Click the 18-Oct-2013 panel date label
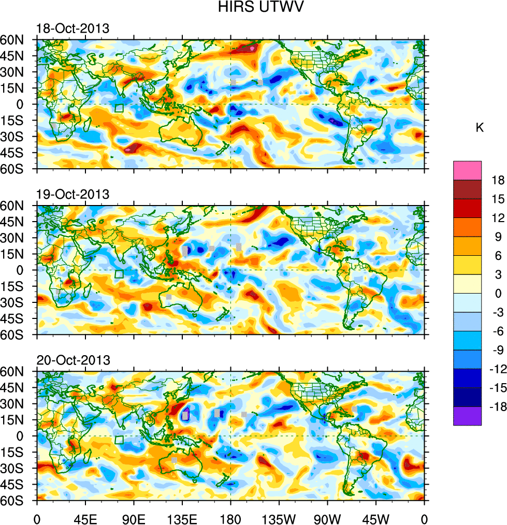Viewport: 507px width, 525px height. coord(73,28)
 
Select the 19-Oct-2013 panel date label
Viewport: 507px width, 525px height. coord(73,195)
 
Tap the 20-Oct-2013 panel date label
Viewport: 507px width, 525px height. coord(73,360)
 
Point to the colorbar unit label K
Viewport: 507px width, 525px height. coord(480,128)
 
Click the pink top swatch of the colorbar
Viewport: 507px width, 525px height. coord(467,170)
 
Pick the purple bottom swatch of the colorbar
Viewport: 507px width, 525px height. coord(467,416)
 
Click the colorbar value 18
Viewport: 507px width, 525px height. coord(498,180)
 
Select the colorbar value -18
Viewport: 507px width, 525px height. coord(496,407)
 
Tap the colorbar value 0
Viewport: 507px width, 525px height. coord(498,294)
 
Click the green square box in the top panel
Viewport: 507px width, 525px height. coord(119,108)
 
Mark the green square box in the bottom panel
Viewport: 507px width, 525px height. coord(119,440)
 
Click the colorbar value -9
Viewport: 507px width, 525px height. coord(496,350)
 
